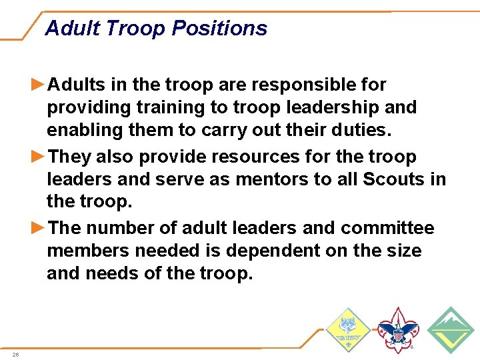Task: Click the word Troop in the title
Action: (x=136, y=28)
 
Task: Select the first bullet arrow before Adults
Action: (x=39, y=85)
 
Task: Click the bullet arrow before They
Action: (x=39, y=157)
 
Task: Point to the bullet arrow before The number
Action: (x=39, y=228)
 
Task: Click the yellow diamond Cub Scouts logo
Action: (x=347, y=329)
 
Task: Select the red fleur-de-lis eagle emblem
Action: (x=398, y=330)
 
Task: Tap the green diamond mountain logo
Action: (x=450, y=329)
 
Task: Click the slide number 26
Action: (x=15, y=355)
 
